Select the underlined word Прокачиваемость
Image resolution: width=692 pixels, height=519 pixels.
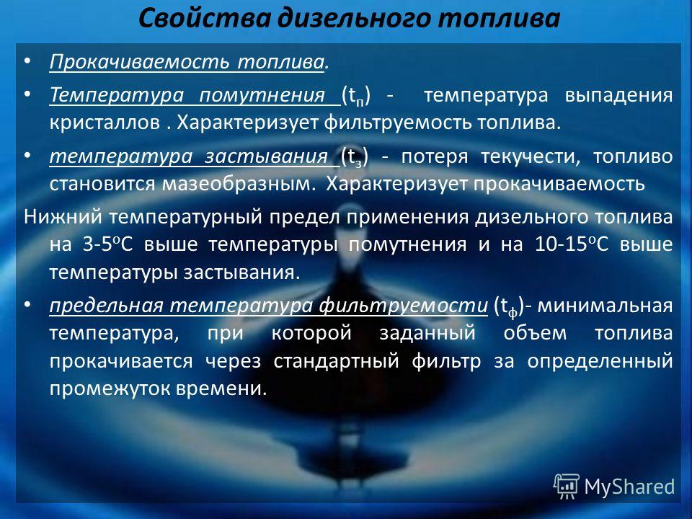pyautogui.click(x=139, y=62)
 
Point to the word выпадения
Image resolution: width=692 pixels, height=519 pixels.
pyautogui.click(x=618, y=95)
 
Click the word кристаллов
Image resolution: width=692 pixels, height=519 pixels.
pyautogui.click(x=105, y=123)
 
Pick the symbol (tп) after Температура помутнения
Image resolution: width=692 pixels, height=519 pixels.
pyautogui.click(x=355, y=96)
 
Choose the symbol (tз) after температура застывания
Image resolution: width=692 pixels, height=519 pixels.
pyautogui.click(x=354, y=157)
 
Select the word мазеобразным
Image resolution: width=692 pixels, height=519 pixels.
pyautogui.click(x=239, y=185)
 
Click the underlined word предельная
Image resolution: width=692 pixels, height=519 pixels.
pyautogui.click(x=107, y=306)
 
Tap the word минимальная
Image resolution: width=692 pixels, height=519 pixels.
pyautogui.click(x=605, y=306)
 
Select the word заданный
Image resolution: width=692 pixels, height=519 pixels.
pyautogui.click(x=427, y=333)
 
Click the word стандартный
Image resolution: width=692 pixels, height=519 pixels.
pyautogui.click(x=337, y=361)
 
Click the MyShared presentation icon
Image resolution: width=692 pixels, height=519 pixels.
pyautogui.click(x=567, y=487)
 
